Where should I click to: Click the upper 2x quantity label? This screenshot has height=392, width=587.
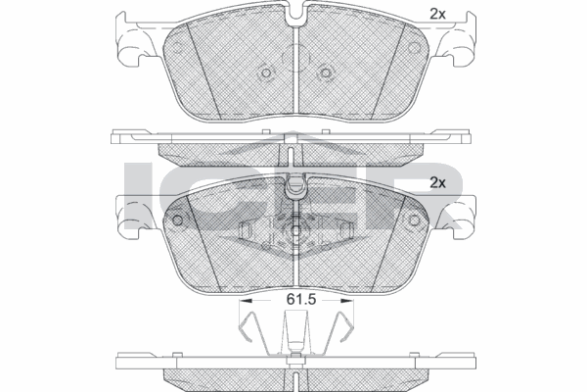click(438, 14)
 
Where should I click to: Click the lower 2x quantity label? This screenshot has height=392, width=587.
click(438, 182)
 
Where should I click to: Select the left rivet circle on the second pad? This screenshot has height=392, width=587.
click(177, 220)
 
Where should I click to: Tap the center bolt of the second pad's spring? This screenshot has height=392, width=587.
click(293, 233)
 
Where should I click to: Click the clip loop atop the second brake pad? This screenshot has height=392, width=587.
click(293, 182)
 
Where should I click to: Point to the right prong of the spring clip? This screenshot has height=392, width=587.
click(341, 328)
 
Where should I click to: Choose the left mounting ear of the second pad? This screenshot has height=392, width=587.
click(130, 211)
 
